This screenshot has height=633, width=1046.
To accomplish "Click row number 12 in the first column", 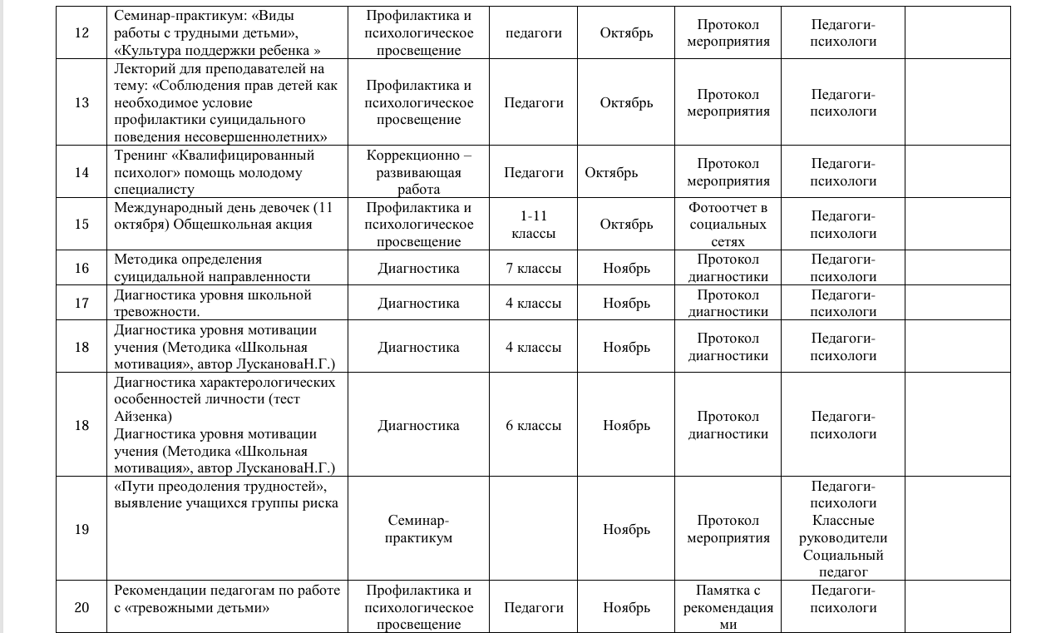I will tap(81, 33).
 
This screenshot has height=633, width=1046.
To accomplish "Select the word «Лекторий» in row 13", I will tap(141, 68).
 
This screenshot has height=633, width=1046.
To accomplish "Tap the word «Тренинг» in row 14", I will tap(140, 156).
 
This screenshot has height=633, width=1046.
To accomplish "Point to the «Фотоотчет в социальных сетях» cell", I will tap(728, 225).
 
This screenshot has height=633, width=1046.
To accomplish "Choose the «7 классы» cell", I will tap(533, 268).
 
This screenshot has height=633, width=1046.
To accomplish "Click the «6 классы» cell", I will tap(533, 425).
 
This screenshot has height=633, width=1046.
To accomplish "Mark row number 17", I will tap(81, 304).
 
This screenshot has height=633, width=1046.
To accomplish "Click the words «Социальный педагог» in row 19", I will tap(843, 563).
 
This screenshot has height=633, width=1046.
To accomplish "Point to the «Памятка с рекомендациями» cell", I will tap(728, 607).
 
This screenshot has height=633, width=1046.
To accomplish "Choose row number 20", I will tap(81, 607).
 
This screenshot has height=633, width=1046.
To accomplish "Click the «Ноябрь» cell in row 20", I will tap(626, 607).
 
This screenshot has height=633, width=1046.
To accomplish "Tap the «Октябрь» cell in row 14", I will tap(611, 172).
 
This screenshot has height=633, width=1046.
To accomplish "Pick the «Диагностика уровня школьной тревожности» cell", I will tap(212, 303).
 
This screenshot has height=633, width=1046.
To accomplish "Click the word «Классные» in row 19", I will tap(843, 521).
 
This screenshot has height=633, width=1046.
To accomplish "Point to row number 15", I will tap(81, 225).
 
